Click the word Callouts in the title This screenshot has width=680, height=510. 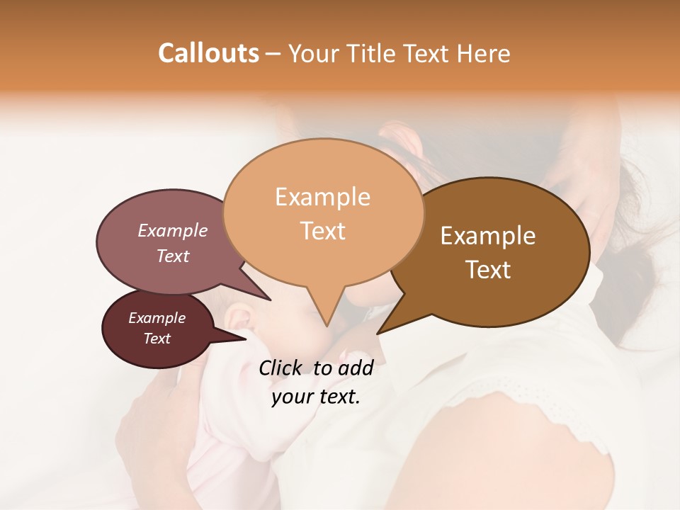(x=208, y=53)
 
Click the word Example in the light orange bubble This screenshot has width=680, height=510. (x=322, y=197)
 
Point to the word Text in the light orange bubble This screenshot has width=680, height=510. (x=322, y=230)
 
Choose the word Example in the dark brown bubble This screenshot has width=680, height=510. (x=488, y=236)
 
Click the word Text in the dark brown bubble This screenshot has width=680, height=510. (x=488, y=269)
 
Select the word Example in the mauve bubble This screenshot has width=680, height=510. (x=173, y=230)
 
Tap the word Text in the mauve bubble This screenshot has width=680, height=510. (x=173, y=256)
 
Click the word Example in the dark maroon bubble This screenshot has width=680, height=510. (x=157, y=318)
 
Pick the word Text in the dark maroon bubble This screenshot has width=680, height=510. (x=157, y=339)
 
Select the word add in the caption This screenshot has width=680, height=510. (x=356, y=368)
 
